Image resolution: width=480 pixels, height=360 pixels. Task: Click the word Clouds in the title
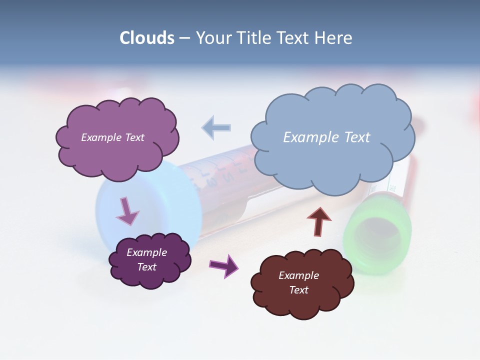146,38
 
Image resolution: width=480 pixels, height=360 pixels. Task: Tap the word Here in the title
334,38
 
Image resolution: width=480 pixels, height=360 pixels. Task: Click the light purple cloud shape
117,150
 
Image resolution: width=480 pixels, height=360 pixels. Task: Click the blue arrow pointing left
216,127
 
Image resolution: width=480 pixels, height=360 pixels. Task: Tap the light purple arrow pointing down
127,211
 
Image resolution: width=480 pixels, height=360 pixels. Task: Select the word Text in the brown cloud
298,290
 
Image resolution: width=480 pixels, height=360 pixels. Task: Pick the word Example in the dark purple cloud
146,252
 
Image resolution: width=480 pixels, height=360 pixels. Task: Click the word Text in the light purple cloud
134,137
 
